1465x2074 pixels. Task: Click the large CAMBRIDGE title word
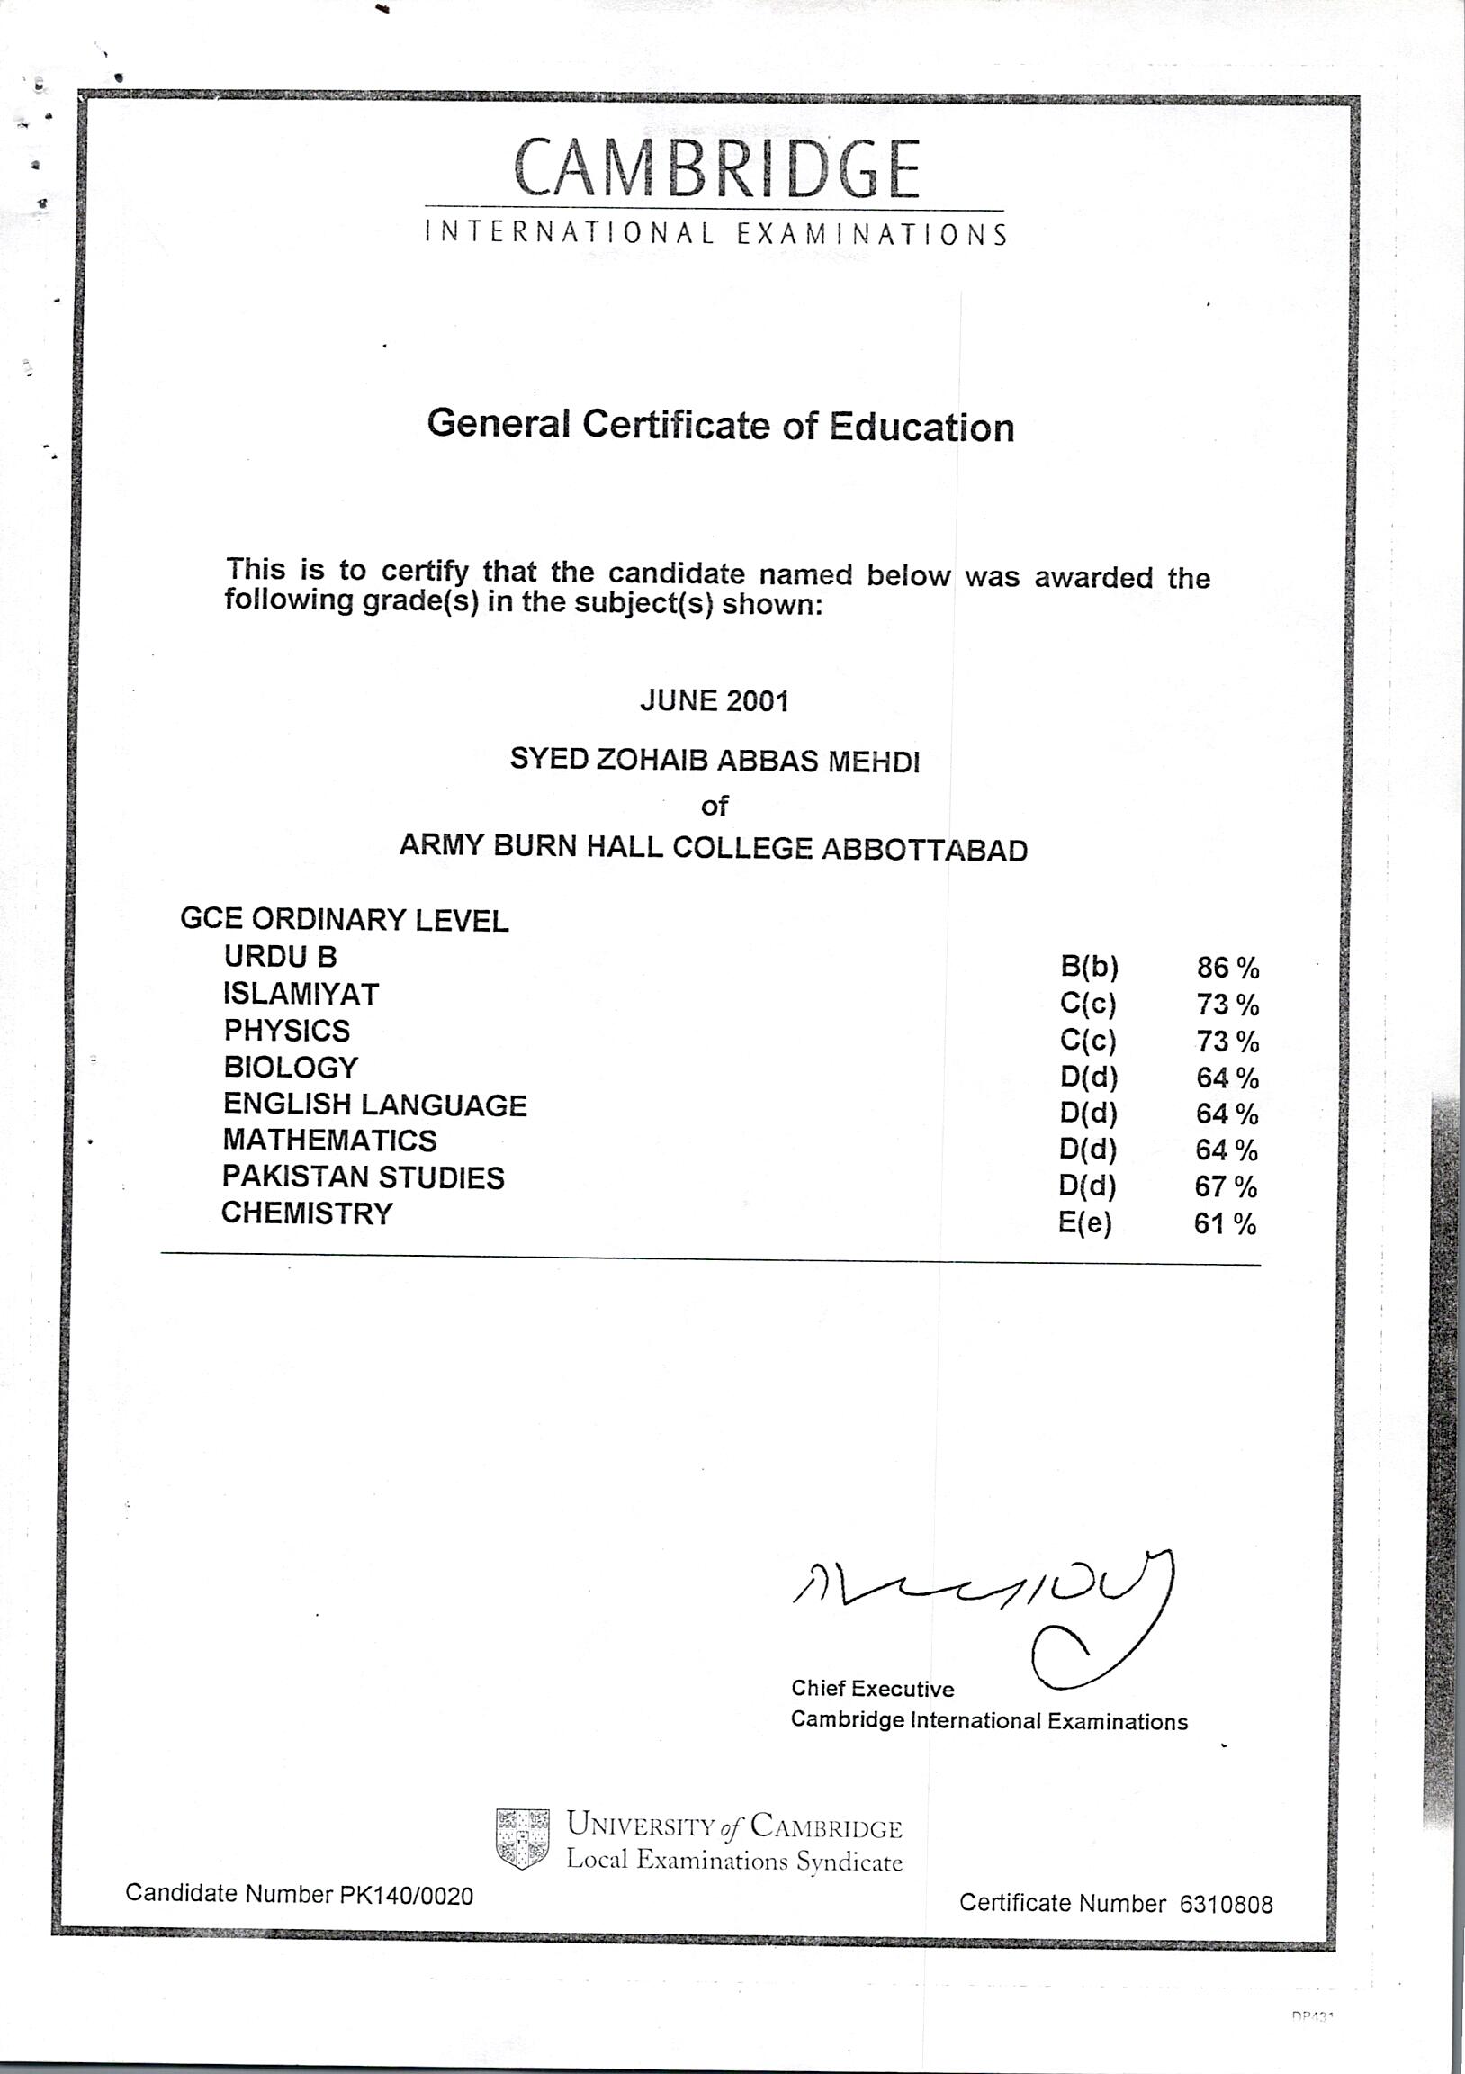(716, 169)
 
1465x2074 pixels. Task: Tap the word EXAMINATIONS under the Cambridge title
(872, 235)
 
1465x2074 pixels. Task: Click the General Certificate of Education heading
(720, 426)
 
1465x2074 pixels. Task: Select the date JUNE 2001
(714, 701)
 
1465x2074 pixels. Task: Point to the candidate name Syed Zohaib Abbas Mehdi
(715, 761)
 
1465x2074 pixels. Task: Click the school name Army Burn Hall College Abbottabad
(713, 848)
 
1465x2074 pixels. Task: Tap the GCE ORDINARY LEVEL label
(344, 920)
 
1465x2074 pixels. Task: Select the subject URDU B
(280, 956)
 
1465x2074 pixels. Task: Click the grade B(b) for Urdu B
(1089, 968)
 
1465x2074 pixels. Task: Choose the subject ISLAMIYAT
(301, 994)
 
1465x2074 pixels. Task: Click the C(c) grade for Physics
(1088, 1041)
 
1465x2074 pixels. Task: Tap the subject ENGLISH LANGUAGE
(375, 1104)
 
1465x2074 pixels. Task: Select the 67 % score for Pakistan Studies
(1226, 1186)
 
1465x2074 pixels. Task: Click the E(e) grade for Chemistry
(1084, 1223)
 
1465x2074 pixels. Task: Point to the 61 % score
(1225, 1224)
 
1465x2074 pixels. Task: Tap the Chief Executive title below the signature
(872, 1689)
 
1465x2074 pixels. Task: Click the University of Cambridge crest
(522, 1838)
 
